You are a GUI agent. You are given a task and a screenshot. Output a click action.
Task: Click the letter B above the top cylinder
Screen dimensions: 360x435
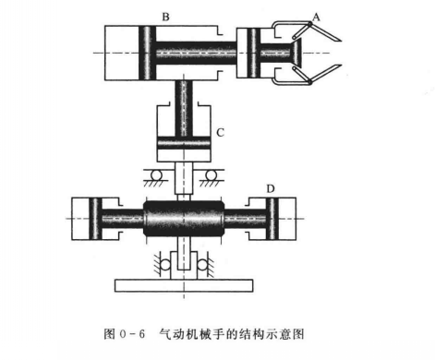pos(139,16)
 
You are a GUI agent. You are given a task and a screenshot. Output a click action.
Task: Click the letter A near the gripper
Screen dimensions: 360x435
pos(316,16)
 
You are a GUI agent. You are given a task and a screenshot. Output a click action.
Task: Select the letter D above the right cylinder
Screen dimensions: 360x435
pos(271,189)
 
